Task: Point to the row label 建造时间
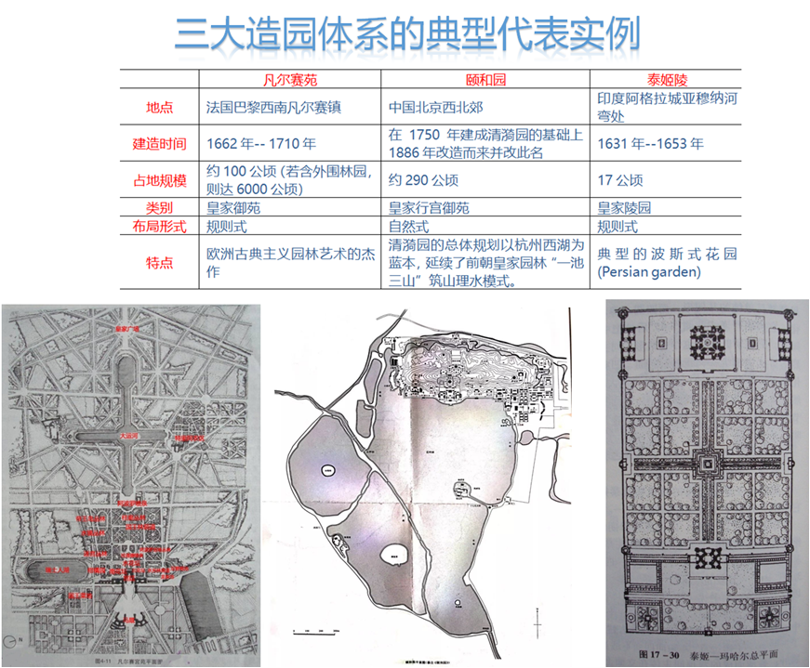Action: pos(160,143)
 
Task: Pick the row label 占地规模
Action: pos(160,179)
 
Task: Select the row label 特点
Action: pos(160,263)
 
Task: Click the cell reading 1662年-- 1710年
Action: pos(261,143)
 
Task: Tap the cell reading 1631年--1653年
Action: pos(650,143)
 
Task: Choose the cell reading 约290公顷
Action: pos(423,179)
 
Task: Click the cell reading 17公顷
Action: pos(620,179)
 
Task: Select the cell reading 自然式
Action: pos(410,226)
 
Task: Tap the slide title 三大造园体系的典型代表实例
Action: pos(405,34)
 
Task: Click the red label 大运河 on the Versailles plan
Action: pos(127,433)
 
